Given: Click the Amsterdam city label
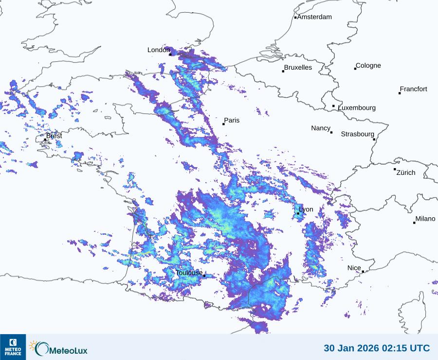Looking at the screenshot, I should tap(314, 17).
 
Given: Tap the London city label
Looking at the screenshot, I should tap(159, 50).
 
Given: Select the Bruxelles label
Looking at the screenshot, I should tap(298, 68).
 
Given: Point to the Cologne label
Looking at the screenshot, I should tap(368, 66).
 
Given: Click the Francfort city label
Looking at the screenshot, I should tap(413, 89).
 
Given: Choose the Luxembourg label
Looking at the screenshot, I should tap(357, 108).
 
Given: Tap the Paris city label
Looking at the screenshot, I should tap(232, 120).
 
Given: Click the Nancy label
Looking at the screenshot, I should tap(321, 128).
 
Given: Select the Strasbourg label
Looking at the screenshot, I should tap(357, 134).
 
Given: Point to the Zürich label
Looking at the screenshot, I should tap(406, 172).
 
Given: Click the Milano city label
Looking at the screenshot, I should tap(425, 219).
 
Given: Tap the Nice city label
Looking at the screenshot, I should tap(354, 268).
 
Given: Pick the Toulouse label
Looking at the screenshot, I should tap(189, 273).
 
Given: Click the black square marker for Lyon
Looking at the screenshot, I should tap(298, 213).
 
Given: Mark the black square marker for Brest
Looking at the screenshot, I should tap(45, 139).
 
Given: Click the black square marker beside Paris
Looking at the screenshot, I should tap(223, 124).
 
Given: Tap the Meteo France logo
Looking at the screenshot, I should tap(13, 347).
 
